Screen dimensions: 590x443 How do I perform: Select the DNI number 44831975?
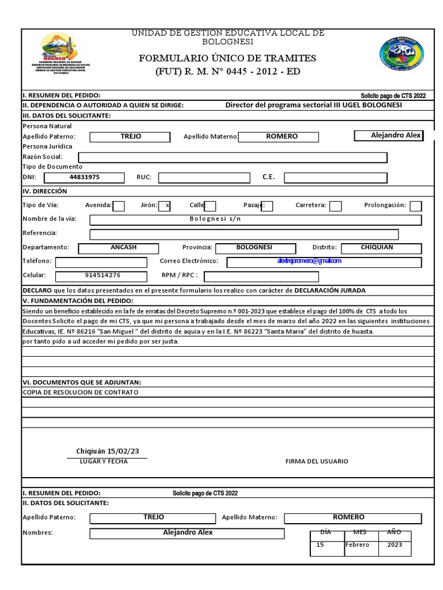84,177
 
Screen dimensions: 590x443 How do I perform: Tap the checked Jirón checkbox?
164,206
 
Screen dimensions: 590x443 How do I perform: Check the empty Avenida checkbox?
119,206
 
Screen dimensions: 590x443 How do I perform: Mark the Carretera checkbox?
335,206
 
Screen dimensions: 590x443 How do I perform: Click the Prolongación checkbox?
415,206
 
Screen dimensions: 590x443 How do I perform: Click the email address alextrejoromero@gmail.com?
309,261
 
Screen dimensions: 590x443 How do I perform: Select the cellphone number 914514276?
103,275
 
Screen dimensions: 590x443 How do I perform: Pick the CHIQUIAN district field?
381,248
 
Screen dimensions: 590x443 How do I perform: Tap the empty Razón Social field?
232,157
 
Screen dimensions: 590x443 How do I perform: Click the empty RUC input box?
205,177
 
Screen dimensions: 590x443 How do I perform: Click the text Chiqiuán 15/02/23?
108,451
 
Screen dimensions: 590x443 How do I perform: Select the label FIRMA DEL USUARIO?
317,462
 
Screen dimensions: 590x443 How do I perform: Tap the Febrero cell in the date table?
358,545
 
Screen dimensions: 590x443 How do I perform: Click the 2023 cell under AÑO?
395,545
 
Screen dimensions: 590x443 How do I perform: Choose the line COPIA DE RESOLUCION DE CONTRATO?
80,392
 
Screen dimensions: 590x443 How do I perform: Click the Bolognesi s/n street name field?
256,220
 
